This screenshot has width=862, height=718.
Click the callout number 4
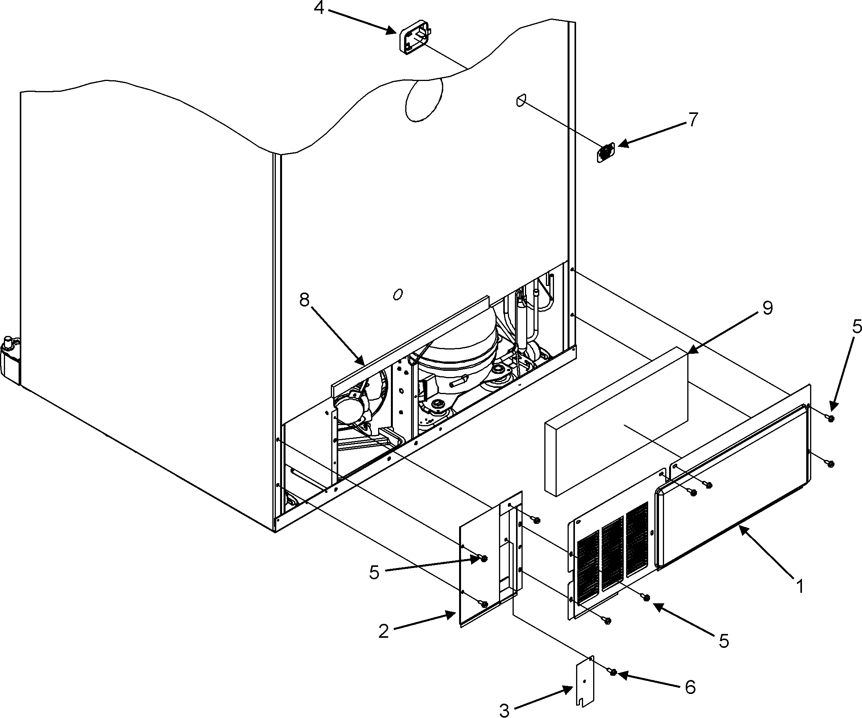pos(319,8)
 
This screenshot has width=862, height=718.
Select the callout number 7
pos(692,119)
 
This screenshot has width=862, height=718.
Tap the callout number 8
pos(304,301)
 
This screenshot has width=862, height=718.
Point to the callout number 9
pos(767,308)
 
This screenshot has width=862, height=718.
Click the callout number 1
pos(800,587)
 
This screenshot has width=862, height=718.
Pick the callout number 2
pos(384,631)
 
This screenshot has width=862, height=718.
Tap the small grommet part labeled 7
pos(606,153)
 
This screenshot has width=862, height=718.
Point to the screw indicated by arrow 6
pos(613,672)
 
